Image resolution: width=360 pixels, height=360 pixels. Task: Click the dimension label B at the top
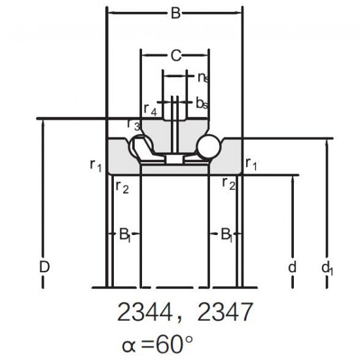(x=175, y=13)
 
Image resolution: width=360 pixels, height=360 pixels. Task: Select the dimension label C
(x=176, y=56)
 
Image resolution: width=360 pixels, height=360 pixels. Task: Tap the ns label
(x=204, y=78)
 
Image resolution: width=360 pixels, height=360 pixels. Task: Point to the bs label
(x=202, y=103)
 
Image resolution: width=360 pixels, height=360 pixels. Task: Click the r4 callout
(x=151, y=109)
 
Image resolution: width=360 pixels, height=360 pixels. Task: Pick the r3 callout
(x=134, y=124)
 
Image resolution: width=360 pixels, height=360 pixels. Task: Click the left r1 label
(x=96, y=166)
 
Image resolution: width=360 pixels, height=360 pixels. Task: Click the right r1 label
(x=251, y=164)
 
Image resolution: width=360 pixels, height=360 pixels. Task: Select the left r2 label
(x=122, y=187)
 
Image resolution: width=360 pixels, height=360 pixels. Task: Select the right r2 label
(x=229, y=185)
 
